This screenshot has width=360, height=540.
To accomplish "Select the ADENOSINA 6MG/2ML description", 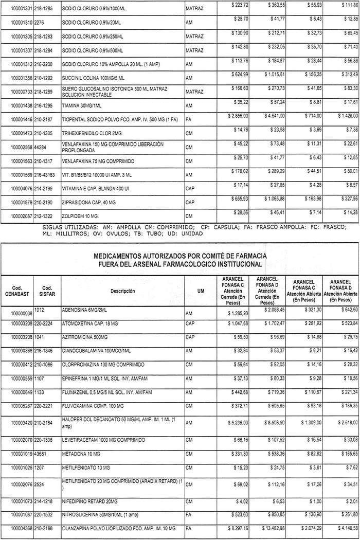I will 83,311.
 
